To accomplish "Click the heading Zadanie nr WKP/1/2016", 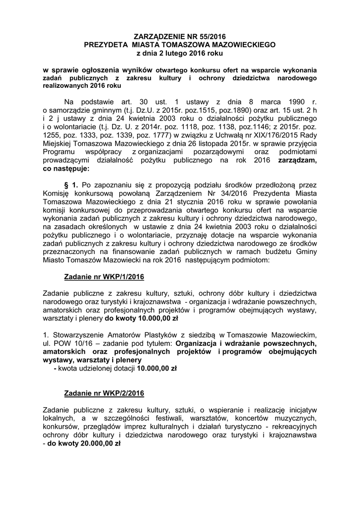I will click(104, 276).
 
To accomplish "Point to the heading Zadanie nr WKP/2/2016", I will click(104, 393).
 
